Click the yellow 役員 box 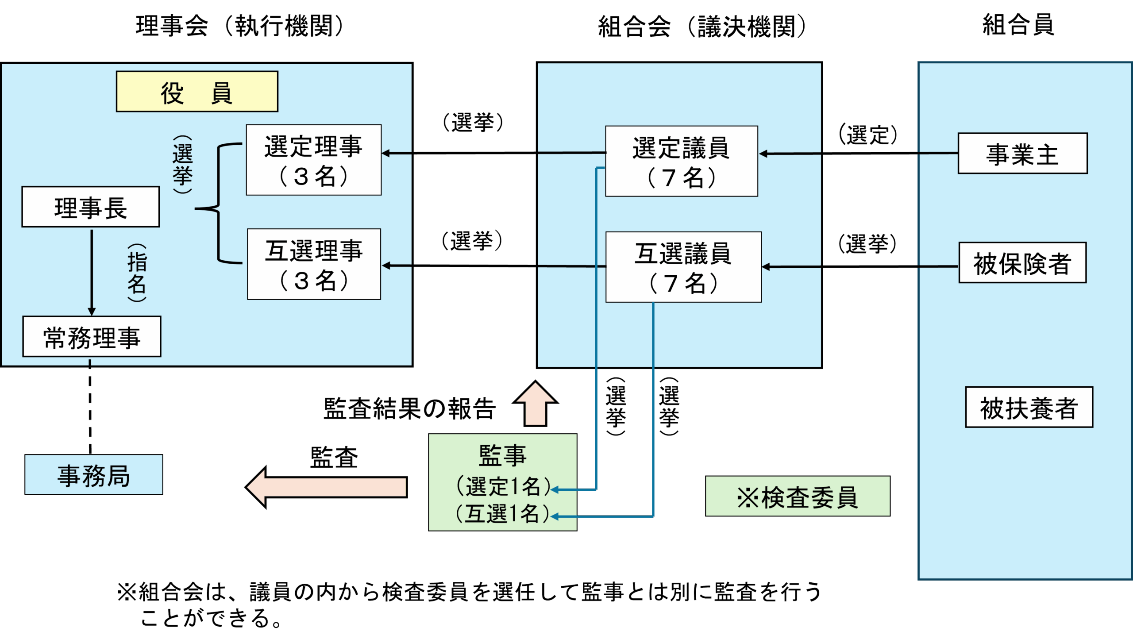pos(197,92)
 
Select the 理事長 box pos(91,207)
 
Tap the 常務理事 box pos(92,337)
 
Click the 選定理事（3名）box pos(314,160)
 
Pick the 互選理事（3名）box pos(314,264)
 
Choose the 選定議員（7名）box pos(682,161)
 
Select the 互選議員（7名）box pos(683,267)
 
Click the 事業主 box pos(1022,154)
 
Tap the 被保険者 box pos(1022,263)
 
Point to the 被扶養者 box pos(1029,407)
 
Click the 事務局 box pos(94,475)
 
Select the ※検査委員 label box pos(798,497)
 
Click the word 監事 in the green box pos(503,455)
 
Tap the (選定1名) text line pos(503,486)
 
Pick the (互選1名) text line pos(503,514)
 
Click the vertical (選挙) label pos(183,165)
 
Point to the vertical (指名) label pos(137,273)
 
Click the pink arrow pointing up pos(535,404)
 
